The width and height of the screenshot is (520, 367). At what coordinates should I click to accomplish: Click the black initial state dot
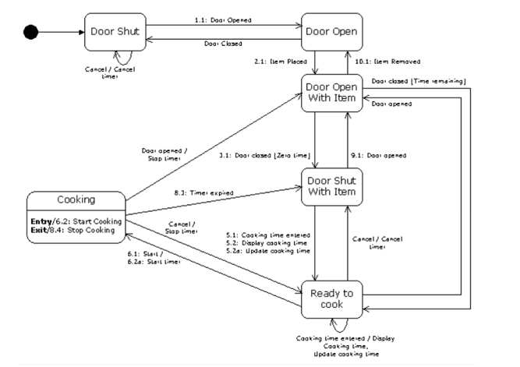pos(31,32)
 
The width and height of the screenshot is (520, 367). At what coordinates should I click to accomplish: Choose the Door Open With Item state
pos(333,92)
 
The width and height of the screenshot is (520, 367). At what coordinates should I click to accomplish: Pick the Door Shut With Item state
pos(333,186)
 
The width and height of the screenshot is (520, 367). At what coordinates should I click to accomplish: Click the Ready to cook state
pos(332,298)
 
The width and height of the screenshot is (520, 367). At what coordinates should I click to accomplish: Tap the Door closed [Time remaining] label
pos(418,80)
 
